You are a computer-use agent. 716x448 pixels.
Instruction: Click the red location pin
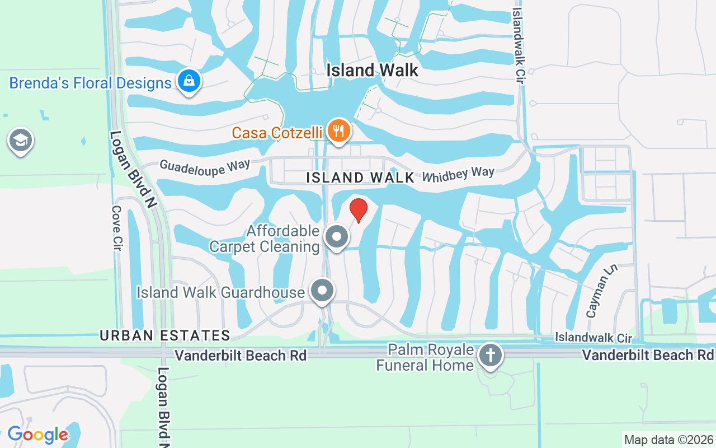pyautogui.click(x=358, y=210)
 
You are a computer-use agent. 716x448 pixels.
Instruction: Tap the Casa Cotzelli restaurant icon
pyautogui.click(x=338, y=131)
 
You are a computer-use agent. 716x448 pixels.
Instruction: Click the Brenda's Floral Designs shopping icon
pyautogui.click(x=189, y=81)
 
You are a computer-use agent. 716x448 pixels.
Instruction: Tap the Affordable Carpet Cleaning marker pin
pyautogui.click(x=337, y=236)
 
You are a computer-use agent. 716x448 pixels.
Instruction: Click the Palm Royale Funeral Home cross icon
pyautogui.click(x=491, y=355)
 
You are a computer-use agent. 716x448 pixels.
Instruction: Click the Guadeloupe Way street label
pyautogui.click(x=205, y=167)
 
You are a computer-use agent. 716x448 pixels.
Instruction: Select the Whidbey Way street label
pyautogui.click(x=458, y=174)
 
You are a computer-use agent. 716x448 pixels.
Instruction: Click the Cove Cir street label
pyautogui.click(x=117, y=228)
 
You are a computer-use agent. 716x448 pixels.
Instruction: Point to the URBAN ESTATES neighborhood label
pyautogui.click(x=165, y=335)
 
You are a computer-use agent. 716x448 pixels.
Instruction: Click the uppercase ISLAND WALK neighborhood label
pyautogui.click(x=361, y=178)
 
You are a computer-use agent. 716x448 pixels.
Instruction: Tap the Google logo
pyautogui.click(x=37, y=435)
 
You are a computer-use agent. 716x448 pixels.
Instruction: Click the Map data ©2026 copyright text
pyautogui.click(x=668, y=440)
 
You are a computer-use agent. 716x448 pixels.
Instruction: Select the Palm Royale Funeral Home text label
pyautogui.click(x=425, y=358)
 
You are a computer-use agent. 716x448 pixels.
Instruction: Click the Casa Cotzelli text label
pyautogui.click(x=277, y=133)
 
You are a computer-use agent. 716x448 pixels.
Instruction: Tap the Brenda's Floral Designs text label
pyautogui.click(x=90, y=83)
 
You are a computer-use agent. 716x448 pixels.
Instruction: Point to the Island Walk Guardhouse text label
pyautogui.click(x=221, y=292)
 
